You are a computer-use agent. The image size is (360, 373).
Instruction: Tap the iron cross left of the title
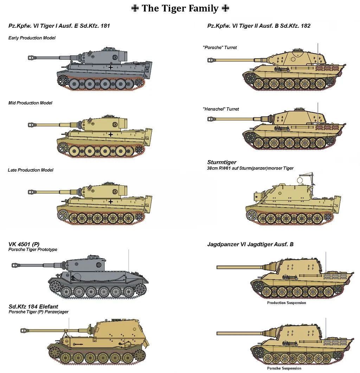135,8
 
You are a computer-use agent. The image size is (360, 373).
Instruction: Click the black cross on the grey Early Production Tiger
110,67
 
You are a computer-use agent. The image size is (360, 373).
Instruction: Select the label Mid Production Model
30,103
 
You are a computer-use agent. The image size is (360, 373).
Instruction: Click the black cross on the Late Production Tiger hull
110,202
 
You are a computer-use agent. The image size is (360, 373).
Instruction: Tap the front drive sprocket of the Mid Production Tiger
63,148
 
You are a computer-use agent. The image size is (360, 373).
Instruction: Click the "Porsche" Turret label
220,47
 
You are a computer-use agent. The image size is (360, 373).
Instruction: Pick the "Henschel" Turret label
221,109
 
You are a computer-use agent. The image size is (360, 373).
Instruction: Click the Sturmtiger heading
222,162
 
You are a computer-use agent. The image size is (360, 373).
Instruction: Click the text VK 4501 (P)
24,244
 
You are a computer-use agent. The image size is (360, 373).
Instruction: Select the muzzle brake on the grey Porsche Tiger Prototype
15,265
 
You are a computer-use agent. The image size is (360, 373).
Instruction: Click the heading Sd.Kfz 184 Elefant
33,307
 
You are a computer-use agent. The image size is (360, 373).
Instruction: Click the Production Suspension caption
287,303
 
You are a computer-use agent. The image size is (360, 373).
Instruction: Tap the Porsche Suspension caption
284,368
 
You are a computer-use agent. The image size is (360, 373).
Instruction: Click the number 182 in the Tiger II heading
306,26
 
